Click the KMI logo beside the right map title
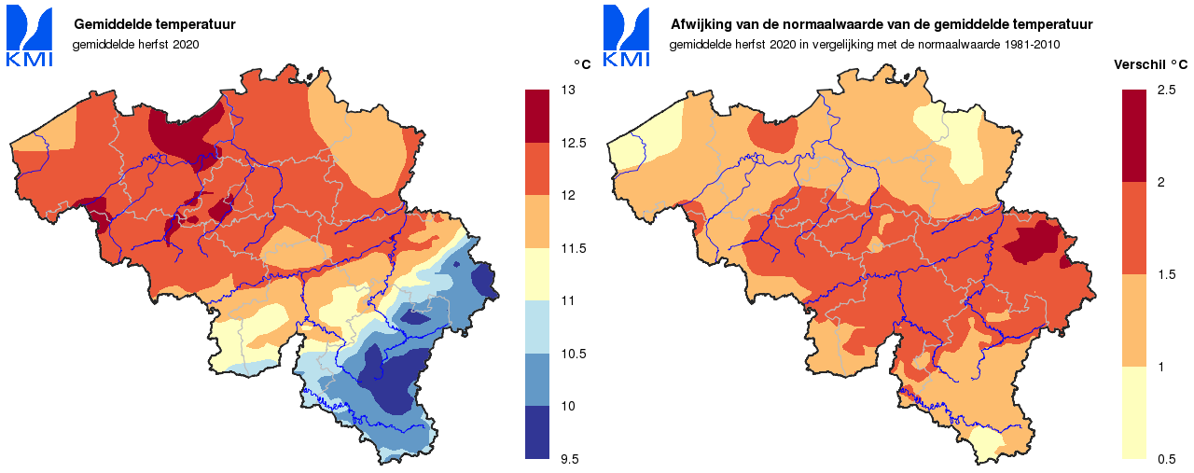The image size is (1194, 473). coord(627,37)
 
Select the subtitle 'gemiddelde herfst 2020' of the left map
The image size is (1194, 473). coord(136,44)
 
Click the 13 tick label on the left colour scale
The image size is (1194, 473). coord(567,90)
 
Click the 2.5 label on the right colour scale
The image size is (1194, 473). coord(1166,90)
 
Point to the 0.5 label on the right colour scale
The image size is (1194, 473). coord(1166,458)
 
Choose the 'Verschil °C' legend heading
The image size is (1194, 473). coord(1151,65)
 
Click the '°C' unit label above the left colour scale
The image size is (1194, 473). coord(581,64)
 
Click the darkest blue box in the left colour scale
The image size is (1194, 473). coord(537,432)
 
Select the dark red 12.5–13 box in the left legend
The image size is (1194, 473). coord(537,116)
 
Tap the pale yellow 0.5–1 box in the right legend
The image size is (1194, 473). coord(1133,411)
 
